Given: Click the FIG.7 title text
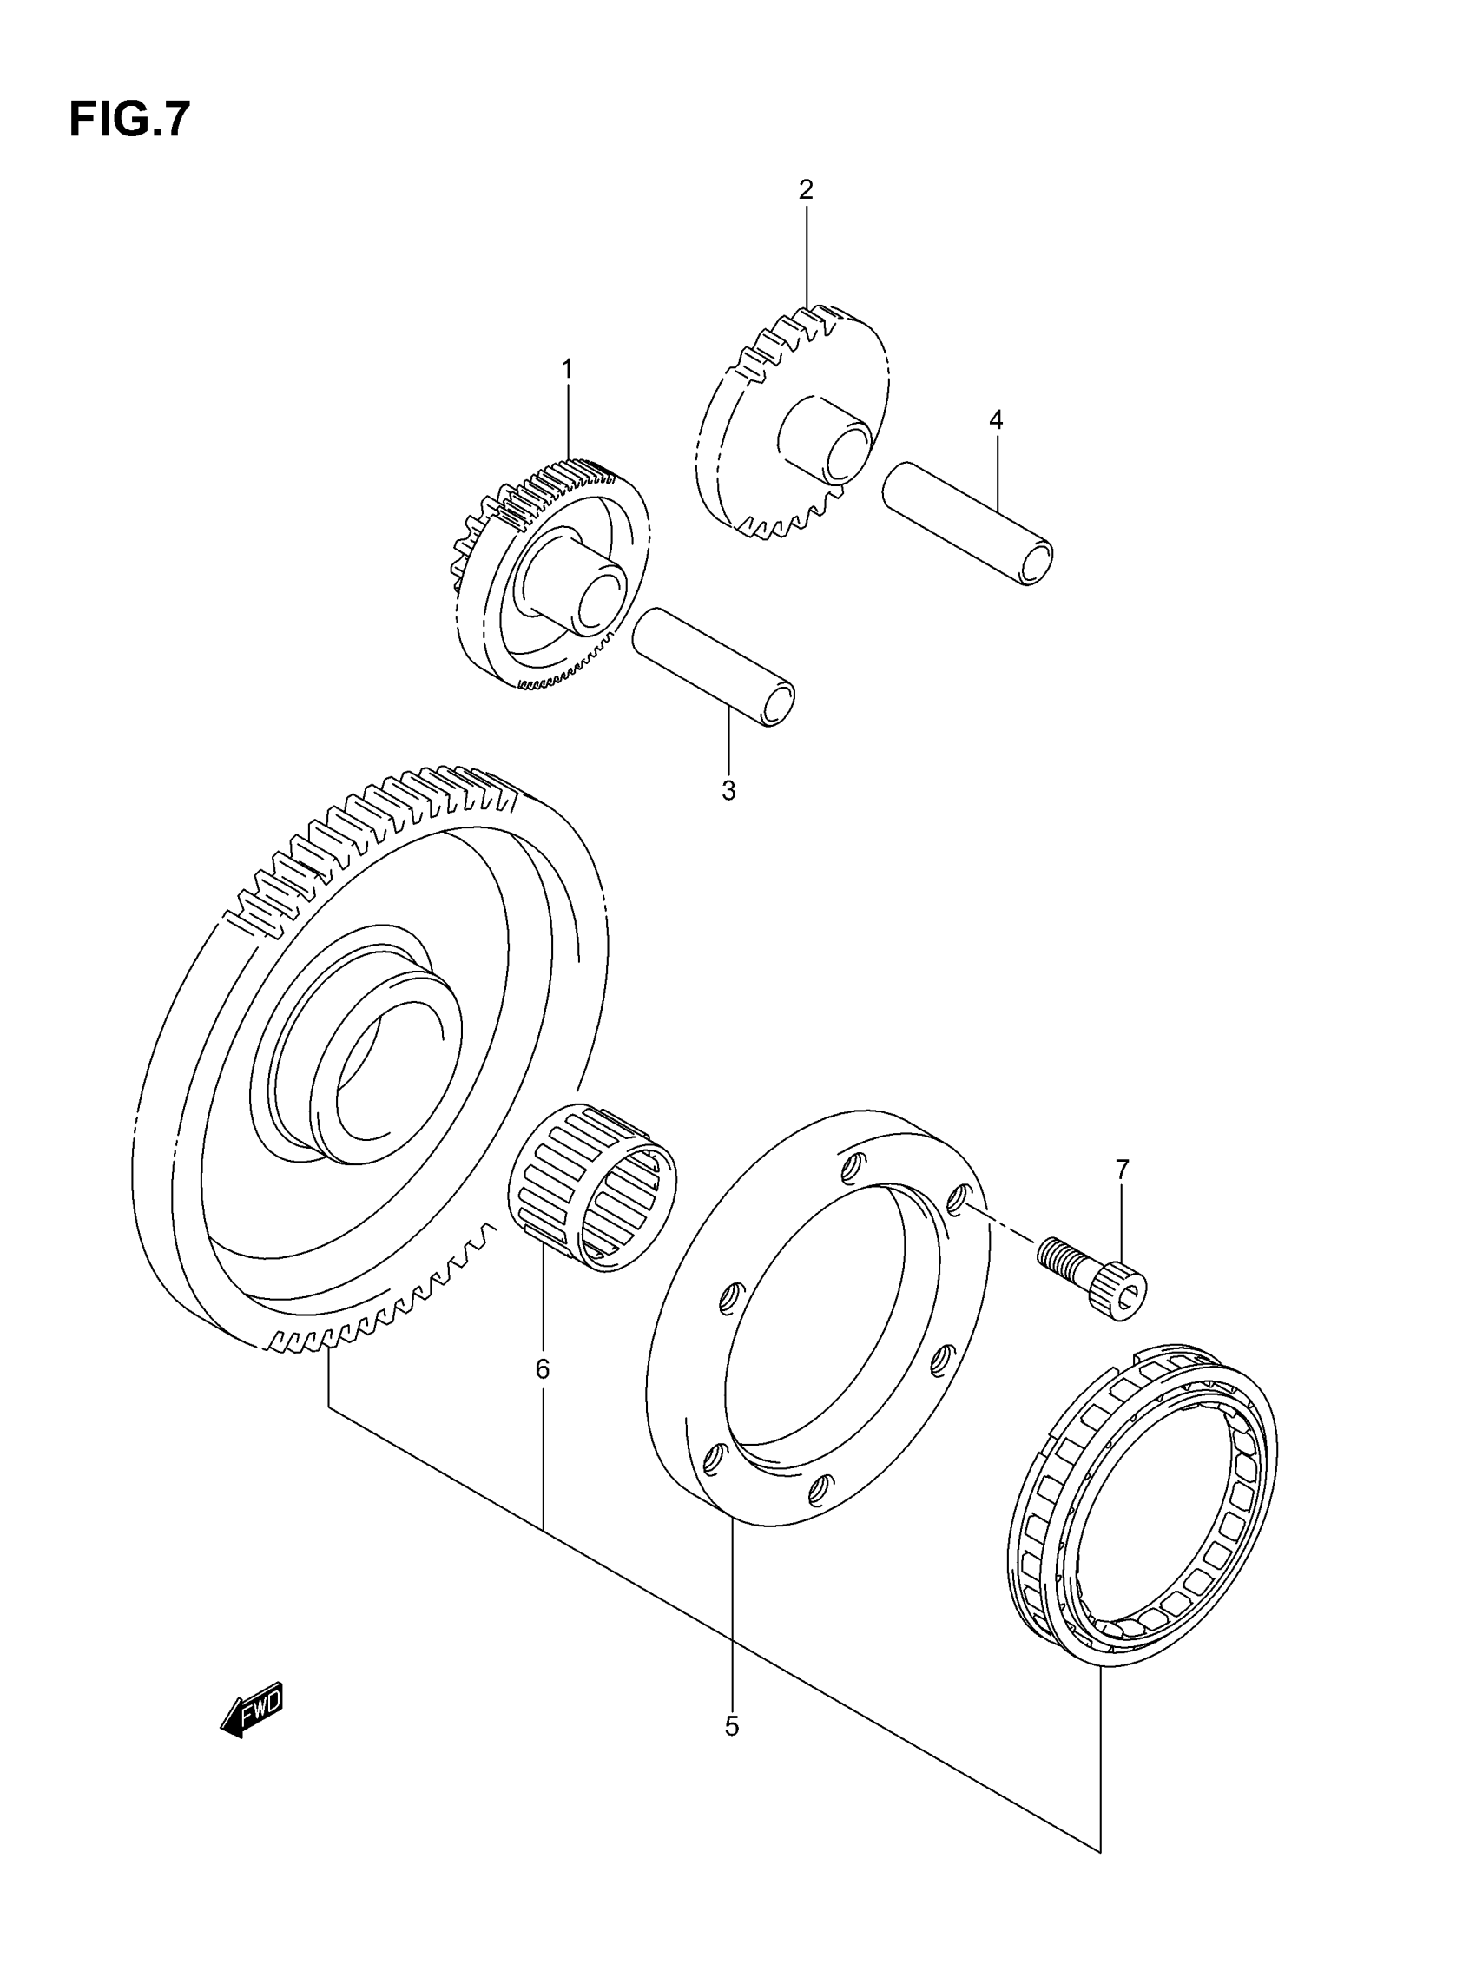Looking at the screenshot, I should point(129,119).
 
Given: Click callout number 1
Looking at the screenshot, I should point(567,368).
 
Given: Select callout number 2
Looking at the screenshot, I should point(806,189).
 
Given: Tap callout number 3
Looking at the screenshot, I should point(728,791).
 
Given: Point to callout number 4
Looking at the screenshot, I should point(996,420).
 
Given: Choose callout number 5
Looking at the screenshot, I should point(731,1726).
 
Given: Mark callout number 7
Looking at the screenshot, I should point(1122,1170).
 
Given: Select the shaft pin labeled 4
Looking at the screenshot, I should point(968,524).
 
